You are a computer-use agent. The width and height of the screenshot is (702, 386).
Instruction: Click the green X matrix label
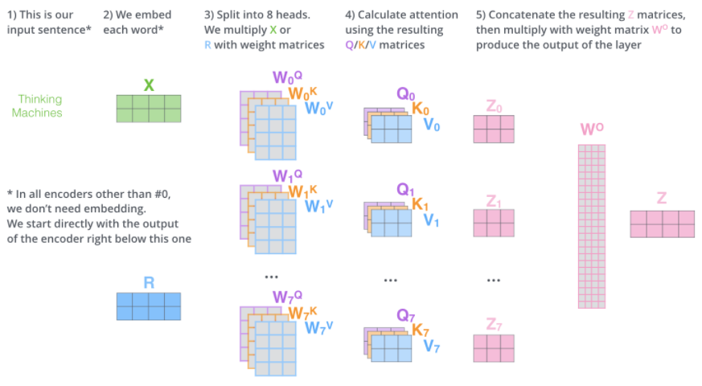point(149,84)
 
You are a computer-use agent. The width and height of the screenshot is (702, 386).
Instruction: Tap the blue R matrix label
point(149,282)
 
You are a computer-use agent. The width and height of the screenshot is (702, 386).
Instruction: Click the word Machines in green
point(37,113)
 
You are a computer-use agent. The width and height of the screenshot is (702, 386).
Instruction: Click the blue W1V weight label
point(318,206)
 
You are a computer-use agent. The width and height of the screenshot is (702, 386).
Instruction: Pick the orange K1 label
point(420,204)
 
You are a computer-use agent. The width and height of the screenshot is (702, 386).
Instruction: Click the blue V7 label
point(432,347)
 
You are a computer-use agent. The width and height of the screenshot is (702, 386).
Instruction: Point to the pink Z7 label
point(494,324)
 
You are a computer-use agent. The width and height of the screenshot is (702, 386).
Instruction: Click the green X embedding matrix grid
point(149,108)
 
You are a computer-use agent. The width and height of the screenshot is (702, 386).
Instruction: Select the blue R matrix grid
point(149,306)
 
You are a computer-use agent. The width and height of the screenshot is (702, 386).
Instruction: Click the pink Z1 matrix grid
point(494,222)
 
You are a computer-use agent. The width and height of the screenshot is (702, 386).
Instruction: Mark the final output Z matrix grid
point(662,223)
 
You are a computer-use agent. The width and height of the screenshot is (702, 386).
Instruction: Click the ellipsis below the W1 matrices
point(270,277)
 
